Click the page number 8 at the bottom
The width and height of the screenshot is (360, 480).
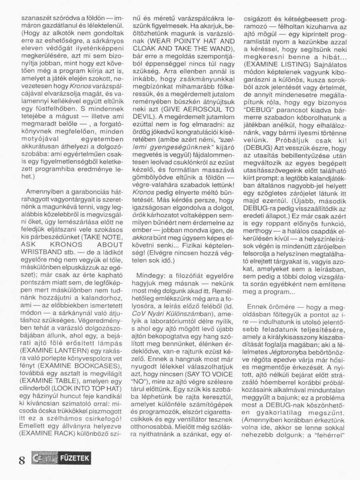(22, 460)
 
